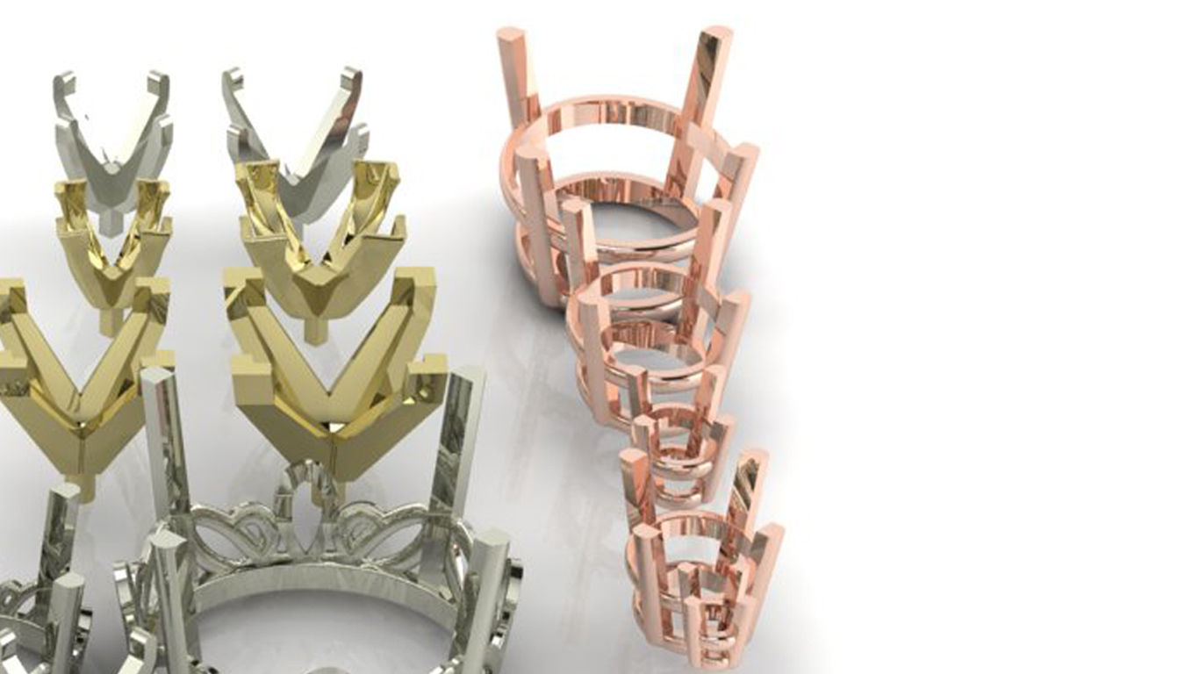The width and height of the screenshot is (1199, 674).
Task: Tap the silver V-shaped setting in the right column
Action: (294, 140)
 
